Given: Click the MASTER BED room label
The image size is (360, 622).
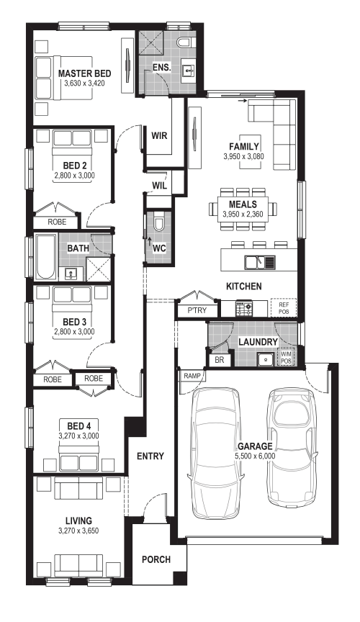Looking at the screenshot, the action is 84,73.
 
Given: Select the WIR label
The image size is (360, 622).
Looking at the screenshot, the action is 159,135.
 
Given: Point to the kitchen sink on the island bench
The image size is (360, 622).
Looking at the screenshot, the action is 260,262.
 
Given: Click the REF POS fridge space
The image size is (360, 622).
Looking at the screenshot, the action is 284,308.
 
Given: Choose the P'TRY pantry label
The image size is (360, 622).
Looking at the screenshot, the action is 197,310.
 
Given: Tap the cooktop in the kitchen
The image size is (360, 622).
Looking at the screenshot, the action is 244,309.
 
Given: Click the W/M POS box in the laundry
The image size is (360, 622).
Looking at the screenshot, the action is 286,357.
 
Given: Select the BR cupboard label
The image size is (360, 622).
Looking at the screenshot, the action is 219,360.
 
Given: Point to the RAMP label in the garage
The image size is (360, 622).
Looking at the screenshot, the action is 192,376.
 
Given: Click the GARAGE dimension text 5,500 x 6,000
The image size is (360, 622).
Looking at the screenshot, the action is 255,456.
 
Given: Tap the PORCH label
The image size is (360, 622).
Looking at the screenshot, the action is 156,559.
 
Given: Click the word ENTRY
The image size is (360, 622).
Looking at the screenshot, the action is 150,456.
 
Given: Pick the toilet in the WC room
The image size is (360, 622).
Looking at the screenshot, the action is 158,224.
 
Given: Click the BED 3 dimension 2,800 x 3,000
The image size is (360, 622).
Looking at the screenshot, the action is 74,332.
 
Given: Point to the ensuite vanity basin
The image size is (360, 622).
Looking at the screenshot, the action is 189,71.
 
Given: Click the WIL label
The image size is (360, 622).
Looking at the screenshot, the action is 160,185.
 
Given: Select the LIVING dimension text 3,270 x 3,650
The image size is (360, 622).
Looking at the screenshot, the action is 78,531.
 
